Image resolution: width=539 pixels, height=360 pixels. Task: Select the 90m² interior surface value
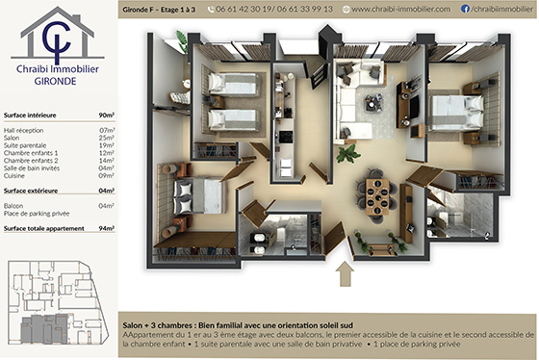click(x=106, y=114)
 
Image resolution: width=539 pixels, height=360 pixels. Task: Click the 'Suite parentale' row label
click(x=25, y=144)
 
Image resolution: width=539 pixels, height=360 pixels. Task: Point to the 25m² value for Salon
click(x=107, y=137)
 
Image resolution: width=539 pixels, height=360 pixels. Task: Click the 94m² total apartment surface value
click(x=106, y=229)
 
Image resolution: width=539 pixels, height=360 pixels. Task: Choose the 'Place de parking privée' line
click(x=38, y=213)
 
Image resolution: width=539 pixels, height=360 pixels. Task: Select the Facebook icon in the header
click(x=465, y=9)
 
